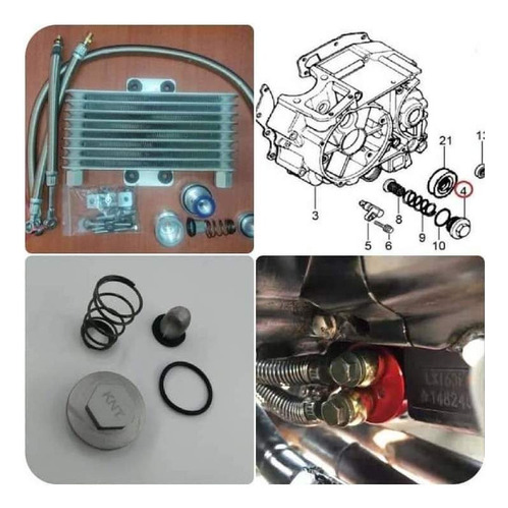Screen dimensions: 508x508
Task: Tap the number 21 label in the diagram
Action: click(x=445, y=141)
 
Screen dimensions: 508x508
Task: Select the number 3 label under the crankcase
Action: click(x=315, y=216)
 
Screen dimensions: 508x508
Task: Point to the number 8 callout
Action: click(x=399, y=219)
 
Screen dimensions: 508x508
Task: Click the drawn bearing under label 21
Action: click(x=442, y=181)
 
